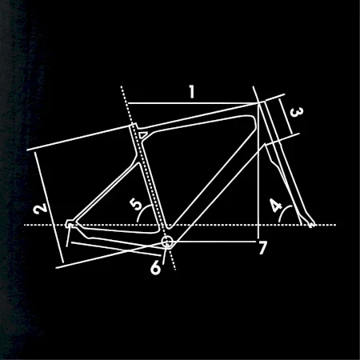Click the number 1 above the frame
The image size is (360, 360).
[192, 91]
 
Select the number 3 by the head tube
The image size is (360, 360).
[296, 112]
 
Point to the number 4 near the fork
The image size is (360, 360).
[275, 205]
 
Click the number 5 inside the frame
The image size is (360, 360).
[136, 205]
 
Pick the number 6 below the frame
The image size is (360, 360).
[155, 267]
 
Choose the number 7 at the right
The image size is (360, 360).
[262, 248]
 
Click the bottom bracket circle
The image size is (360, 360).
[167, 242]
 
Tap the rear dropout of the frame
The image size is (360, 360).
[70, 224]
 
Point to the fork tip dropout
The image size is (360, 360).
[311, 225]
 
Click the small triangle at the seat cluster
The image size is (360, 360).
[142, 134]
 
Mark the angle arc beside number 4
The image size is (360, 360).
[283, 211]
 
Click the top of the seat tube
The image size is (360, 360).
[134, 126]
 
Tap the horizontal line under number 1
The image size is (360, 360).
[193, 103]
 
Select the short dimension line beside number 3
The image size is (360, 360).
[286, 117]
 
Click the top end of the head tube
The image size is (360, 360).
[262, 102]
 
